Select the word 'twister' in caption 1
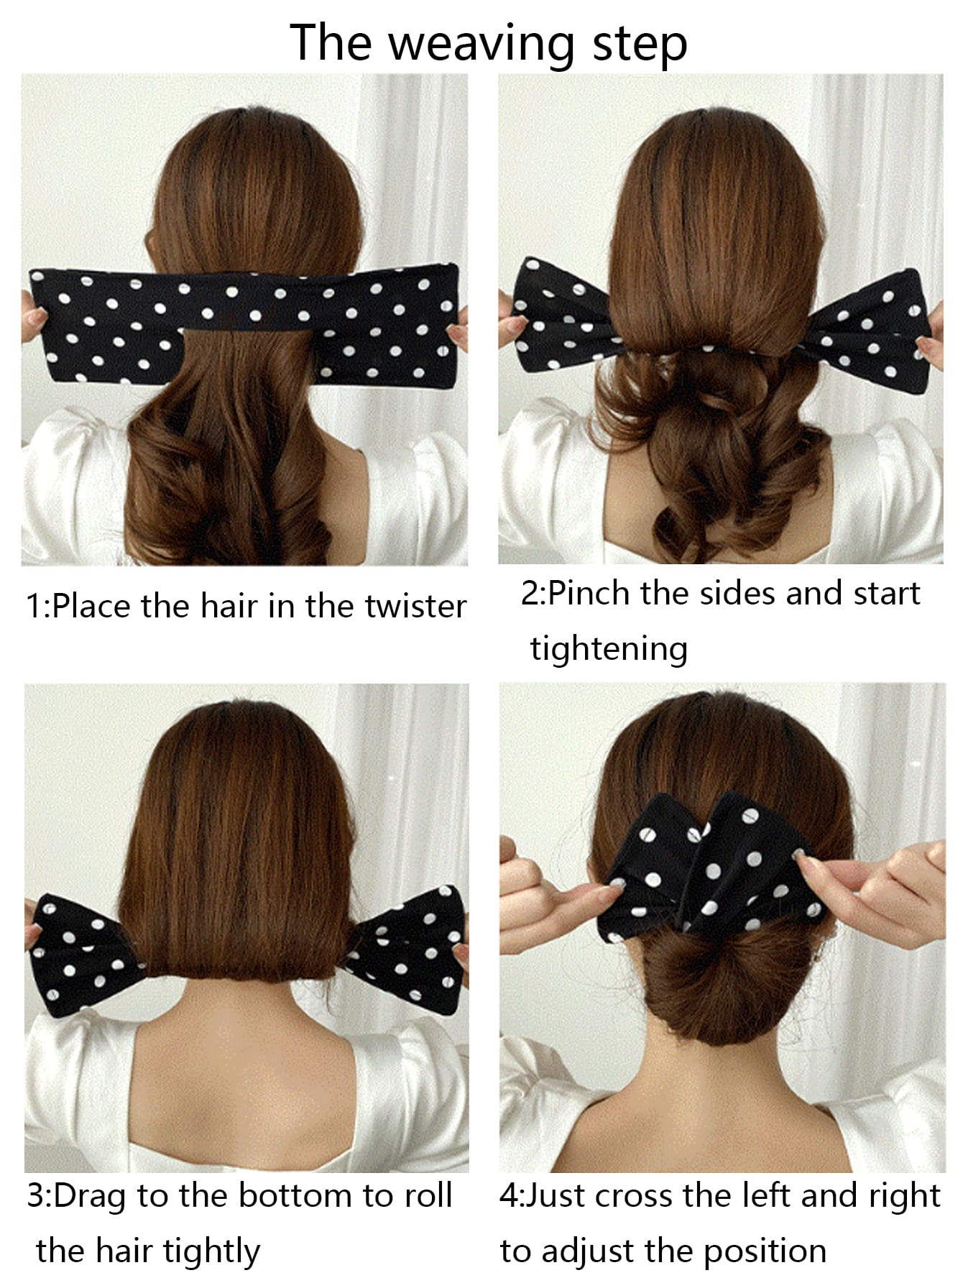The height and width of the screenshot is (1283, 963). click(x=415, y=606)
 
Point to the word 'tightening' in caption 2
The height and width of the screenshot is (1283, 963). click(x=609, y=648)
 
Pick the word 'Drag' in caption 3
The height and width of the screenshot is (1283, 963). click(x=90, y=1197)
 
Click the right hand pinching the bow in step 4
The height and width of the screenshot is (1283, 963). click(x=877, y=891)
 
